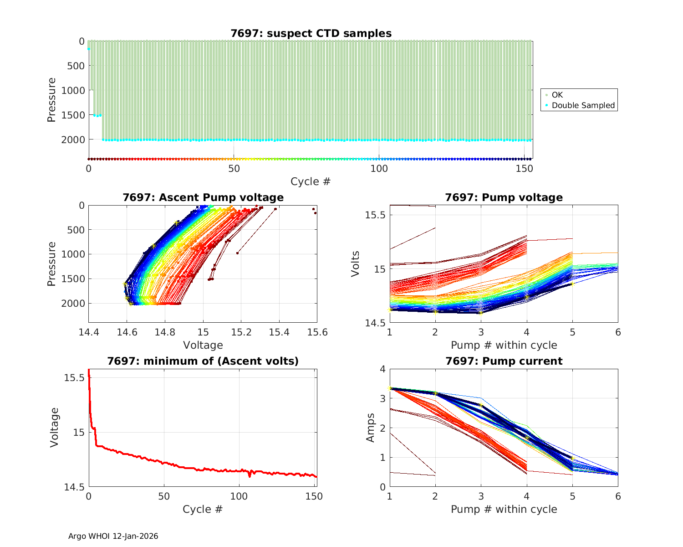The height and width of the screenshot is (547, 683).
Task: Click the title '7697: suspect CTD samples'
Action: [x=311, y=33]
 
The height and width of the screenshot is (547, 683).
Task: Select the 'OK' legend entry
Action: [x=557, y=95]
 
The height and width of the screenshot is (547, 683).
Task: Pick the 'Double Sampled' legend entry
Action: [x=583, y=105]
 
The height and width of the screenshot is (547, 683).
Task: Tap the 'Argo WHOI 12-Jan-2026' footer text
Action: [x=113, y=536]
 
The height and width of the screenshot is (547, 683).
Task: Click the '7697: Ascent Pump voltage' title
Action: [x=203, y=197]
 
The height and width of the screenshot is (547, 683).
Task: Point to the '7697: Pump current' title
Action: [x=504, y=361]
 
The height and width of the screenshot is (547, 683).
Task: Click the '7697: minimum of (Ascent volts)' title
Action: [x=203, y=361]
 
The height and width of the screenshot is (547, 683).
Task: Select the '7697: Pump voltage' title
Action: [x=504, y=197]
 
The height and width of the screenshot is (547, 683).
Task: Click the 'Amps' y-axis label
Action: [x=371, y=428]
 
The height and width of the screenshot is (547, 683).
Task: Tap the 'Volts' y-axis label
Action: [x=356, y=263]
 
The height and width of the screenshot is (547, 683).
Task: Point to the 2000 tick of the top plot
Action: [x=73, y=139]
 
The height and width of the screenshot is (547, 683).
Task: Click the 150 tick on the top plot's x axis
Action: [x=524, y=169]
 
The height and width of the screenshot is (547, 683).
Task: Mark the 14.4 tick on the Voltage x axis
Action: [x=89, y=332]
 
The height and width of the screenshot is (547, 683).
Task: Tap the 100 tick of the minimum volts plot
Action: [x=239, y=496]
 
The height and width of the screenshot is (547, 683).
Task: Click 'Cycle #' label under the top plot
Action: [x=311, y=181]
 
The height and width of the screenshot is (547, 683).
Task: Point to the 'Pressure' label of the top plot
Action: [x=51, y=100]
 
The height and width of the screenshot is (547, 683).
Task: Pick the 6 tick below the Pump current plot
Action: [x=618, y=496]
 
